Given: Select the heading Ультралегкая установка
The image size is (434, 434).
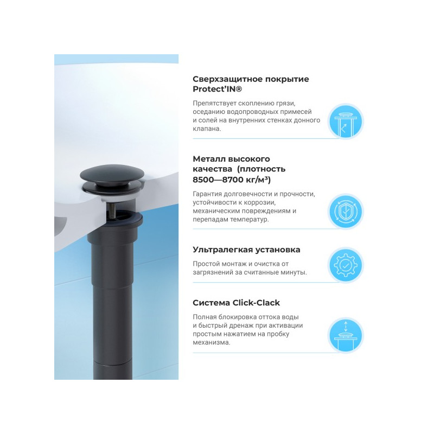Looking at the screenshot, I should click(x=246, y=250).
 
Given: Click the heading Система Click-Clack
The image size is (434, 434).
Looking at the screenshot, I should click(x=236, y=303).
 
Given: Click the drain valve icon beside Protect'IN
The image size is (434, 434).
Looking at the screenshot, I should click(x=345, y=121).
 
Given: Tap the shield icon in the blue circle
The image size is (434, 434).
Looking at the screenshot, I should click(x=345, y=211).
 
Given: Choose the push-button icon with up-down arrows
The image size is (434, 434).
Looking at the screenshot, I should click(x=345, y=335).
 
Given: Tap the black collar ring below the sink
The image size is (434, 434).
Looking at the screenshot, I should click(x=121, y=220).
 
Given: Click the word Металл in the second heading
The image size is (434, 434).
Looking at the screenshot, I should click(x=208, y=159).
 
